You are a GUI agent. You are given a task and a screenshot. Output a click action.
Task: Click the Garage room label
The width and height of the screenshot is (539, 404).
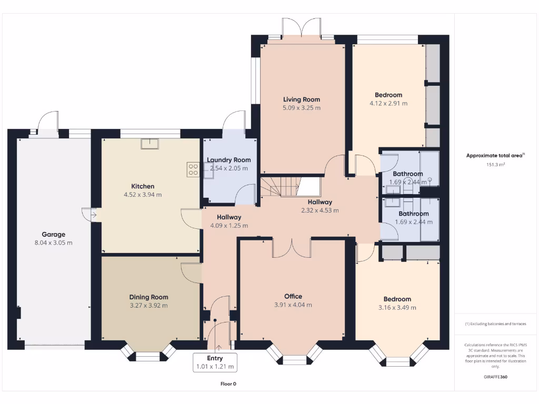click(x=54, y=235)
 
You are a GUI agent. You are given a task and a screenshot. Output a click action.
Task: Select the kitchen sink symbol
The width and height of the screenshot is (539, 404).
click(x=149, y=143)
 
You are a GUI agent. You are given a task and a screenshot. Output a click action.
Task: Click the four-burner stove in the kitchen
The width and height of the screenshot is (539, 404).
click(x=193, y=169)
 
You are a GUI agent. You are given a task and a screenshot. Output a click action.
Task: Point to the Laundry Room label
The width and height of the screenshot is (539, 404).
click(x=228, y=160)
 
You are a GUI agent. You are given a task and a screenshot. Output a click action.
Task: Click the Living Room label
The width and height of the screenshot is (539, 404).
click(x=302, y=99)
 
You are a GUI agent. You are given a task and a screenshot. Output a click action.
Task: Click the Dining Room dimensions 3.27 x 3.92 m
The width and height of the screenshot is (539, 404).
click(x=149, y=305)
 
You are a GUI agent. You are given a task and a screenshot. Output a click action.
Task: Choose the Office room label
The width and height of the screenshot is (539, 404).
click(x=293, y=296)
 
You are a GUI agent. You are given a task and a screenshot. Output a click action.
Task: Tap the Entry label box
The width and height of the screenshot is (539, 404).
click(x=215, y=362)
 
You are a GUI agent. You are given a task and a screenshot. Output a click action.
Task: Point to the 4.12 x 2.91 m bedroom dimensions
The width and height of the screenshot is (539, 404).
click(x=388, y=104)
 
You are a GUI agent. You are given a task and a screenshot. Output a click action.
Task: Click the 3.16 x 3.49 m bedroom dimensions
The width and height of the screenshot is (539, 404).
click(x=397, y=308)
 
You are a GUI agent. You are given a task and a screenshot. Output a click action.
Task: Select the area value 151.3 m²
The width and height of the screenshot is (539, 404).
click(x=495, y=165)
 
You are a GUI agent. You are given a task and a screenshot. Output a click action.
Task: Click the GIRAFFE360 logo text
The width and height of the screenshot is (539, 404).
click(x=495, y=377)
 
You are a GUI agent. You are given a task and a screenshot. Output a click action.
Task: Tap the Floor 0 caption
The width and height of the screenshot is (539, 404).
click(x=228, y=384)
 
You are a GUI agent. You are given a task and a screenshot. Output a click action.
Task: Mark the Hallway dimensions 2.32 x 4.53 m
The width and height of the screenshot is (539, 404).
click(x=320, y=210)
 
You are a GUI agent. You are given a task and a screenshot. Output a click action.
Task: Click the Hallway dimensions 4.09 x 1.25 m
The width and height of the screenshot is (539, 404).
click(x=229, y=226)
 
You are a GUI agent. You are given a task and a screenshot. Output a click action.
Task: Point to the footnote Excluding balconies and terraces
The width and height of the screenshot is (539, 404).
click(x=495, y=324)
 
